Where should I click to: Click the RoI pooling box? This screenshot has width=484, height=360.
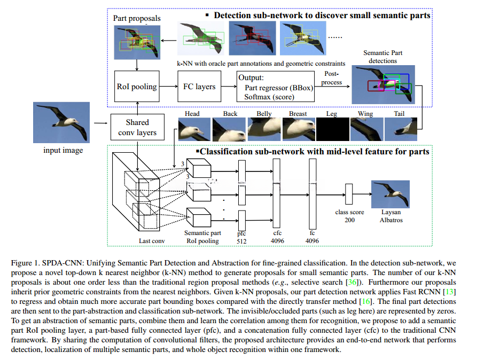point(137,87)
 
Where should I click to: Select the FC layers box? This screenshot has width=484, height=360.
point(198,87)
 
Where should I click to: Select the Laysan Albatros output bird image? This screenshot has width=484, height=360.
point(391,193)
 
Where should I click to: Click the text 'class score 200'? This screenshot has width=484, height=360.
point(349,216)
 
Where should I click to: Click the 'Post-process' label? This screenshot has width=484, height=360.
point(332,78)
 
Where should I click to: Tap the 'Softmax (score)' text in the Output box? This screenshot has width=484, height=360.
point(267,97)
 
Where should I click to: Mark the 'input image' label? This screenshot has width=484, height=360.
point(63,150)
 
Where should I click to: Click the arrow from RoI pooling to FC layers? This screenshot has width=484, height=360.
point(168,87)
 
